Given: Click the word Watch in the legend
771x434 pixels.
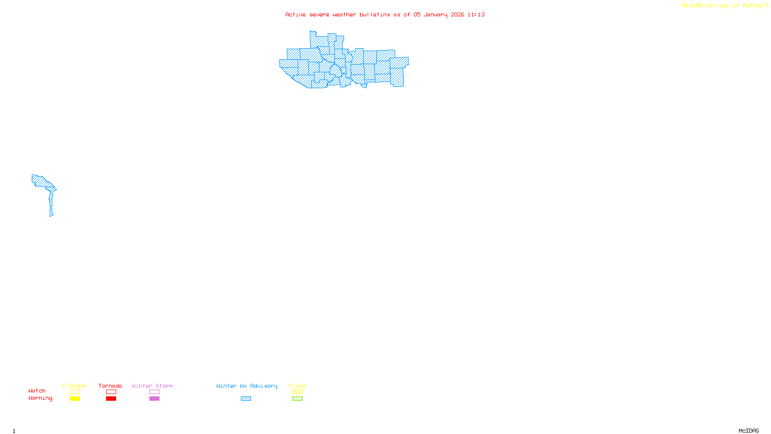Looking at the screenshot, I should [37, 391].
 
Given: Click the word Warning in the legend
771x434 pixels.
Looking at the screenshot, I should [40, 398].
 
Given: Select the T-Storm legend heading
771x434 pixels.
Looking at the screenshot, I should [74, 386].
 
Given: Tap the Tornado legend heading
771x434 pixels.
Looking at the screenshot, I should [110, 386].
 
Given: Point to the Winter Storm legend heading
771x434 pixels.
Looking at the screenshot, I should [152, 386].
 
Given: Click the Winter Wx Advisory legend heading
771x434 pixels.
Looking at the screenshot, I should [247, 386].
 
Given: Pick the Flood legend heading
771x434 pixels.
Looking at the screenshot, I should [297, 386].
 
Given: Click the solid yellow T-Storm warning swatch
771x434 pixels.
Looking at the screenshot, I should [75, 399].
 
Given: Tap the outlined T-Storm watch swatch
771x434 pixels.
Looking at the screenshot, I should [75, 392].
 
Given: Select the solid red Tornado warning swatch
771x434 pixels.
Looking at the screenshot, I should [111, 399].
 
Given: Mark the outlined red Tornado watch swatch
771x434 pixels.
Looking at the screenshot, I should [111, 392].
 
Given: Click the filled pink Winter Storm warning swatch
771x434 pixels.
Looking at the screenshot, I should [154, 399].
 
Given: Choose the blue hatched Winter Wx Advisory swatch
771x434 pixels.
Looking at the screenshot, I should [246, 399].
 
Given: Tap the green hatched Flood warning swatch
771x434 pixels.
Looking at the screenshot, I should [297, 399].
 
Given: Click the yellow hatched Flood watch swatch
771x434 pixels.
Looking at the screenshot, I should [297, 392].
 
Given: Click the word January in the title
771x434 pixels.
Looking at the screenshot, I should [436, 14].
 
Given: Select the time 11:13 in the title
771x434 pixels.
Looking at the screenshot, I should [476, 14].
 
